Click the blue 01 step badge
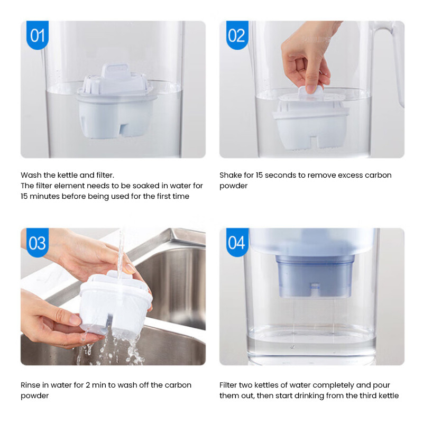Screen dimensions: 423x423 click(x=37, y=35)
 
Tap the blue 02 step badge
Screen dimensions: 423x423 click(x=236, y=35)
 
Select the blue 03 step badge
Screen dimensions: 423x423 click(x=37, y=243)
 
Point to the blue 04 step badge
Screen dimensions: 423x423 click(x=236, y=243)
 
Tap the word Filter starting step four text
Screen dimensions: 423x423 click(x=231, y=385)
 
